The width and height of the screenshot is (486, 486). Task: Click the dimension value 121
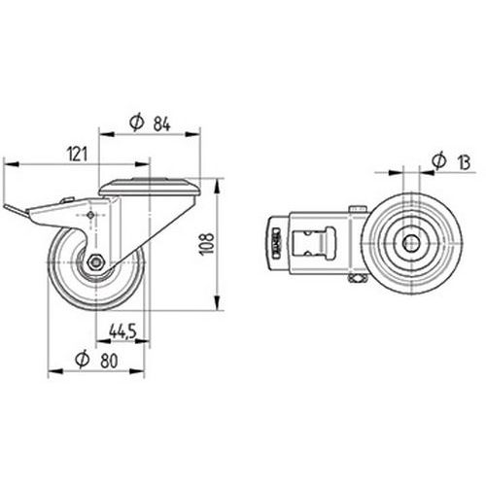[77, 154]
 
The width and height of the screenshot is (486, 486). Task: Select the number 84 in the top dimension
[161, 123]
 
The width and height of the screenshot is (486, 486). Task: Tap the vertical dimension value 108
[207, 244]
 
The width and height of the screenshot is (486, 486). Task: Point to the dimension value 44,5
[122, 331]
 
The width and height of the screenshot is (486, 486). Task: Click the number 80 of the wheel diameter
[109, 361]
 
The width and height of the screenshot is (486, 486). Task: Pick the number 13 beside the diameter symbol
[464, 162]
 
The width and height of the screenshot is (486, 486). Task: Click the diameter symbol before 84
[136, 122]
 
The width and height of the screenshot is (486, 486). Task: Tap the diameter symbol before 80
[83, 360]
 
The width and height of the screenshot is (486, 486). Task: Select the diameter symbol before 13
[439, 161]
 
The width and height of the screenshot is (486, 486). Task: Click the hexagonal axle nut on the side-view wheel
[95, 261]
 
